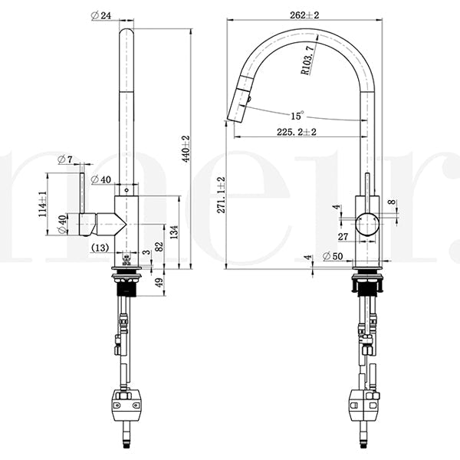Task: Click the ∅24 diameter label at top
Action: tap(101, 15)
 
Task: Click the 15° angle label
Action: tap(297, 115)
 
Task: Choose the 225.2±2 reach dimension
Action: tap(297, 132)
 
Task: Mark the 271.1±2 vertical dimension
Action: tap(221, 195)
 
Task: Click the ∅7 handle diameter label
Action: tap(65, 159)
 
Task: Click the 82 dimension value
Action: tap(159, 245)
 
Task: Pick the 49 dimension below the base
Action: tap(159, 282)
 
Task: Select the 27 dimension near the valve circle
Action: tap(343, 237)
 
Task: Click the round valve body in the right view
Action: tap(367, 225)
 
